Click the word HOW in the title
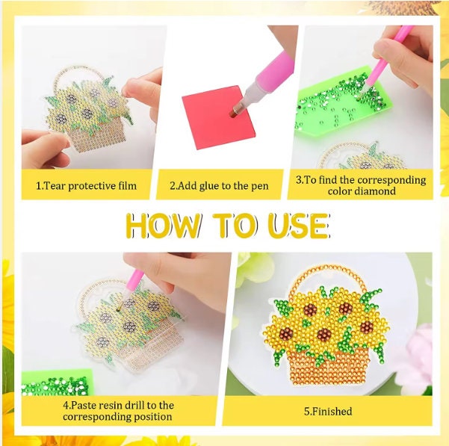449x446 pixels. pos(163,226)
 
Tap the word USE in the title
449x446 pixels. pos(299,226)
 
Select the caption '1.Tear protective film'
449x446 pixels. pos(86,186)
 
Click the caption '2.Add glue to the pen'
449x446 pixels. pos(219,186)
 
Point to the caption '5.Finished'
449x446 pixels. pos(328,412)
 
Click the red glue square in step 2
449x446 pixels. pos(218,117)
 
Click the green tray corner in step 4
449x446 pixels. pos(58,382)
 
